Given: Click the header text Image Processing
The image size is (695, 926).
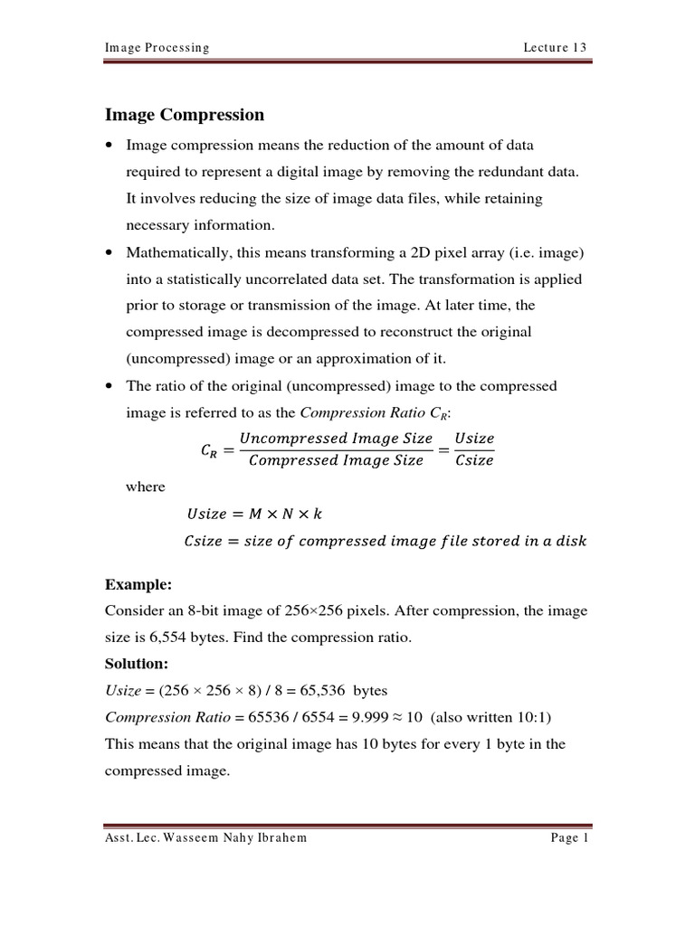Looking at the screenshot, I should click(x=157, y=48).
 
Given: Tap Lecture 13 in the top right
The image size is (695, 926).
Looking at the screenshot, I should click(x=555, y=48).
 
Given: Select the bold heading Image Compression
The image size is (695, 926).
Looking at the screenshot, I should click(x=185, y=115).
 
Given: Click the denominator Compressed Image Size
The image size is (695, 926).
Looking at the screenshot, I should click(x=336, y=460).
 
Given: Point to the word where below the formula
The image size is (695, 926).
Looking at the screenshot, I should click(x=145, y=487).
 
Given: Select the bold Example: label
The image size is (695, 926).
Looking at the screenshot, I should click(x=138, y=584).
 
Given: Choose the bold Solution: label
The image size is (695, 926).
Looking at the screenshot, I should click(x=138, y=664).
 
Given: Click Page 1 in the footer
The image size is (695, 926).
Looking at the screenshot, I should click(x=570, y=838).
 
